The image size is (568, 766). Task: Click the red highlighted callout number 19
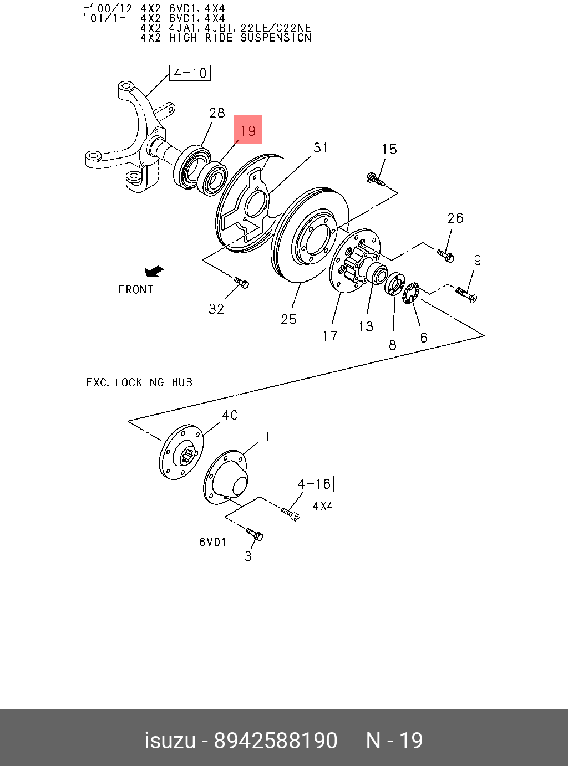click(x=248, y=130)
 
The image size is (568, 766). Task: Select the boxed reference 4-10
click(x=190, y=73)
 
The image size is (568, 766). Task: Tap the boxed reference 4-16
click(x=313, y=484)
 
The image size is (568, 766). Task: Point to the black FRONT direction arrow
click(x=154, y=272)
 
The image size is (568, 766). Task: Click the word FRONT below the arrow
click(x=135, y=289)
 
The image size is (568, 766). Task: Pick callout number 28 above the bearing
click(x=217, y=113)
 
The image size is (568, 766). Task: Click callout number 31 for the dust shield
click(x=321, y=147)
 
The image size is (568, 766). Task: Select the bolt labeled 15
click(x=376, y=178)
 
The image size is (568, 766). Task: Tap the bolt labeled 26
click(x=446, y=256)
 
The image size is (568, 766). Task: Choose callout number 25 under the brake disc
click(x=288, y=319)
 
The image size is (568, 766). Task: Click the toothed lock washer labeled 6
click(x=411, y=293)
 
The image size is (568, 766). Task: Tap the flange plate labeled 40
click(x=182, y=452)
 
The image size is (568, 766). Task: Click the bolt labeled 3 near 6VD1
click(x=255, y=535)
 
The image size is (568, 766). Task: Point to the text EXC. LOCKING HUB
click(x=139, y=382)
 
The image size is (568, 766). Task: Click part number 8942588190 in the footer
click(x=276, y=741)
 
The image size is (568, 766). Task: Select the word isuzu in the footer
click(x=170, y=741)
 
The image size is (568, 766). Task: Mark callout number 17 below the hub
click(x=329, y=336)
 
